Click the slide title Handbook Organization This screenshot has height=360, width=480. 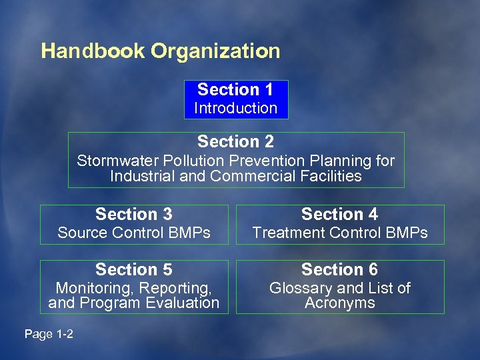click(x=160, y=52)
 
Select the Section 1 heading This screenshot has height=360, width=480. click(x=235, y=90)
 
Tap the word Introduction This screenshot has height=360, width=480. click(x=235, y=108)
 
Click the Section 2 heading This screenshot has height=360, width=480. click(x=235, y=142)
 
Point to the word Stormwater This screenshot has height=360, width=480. click(x=113, y=161)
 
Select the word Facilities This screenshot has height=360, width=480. click(x=331, y=177)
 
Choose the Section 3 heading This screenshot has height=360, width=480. click(x=133, y=215)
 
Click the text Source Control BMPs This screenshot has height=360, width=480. click(x=133, y=233)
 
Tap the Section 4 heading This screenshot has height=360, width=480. click(x=339, y=215)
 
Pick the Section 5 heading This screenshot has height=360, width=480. click(x=133, y=270)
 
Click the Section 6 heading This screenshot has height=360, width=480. click(x=339, y=270)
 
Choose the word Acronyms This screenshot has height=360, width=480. click(x=339, y=303)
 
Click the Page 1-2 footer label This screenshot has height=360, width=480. click(x=49, y=334)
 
